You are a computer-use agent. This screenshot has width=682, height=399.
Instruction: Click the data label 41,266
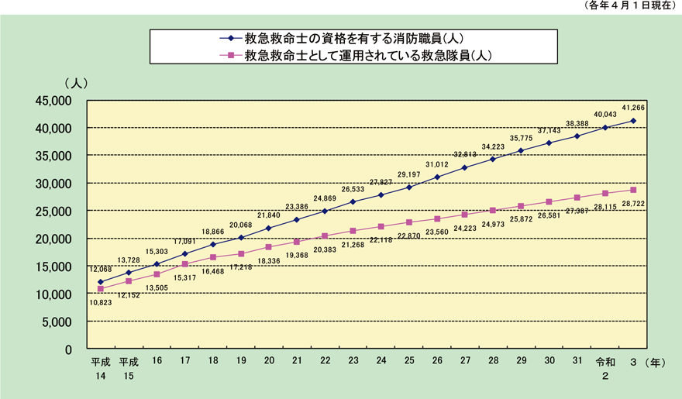pyautogui.click(x=633, y=108)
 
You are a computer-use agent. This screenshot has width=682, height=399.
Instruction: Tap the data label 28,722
pyautogui.click(x=634, y=203)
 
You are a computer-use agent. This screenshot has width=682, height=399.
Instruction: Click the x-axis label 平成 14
pyautogui.click(x=101, y=369)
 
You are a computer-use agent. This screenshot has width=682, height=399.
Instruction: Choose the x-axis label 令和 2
pyautogui.click(x=605, y=369)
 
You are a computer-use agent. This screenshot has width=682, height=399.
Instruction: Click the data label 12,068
pyautogui.click(x=101, y=269)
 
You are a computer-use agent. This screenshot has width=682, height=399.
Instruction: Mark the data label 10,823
pyautogui.click(x=101, y=303)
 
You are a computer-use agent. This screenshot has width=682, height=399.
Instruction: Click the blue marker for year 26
pyautogui.click(x=437, y=177)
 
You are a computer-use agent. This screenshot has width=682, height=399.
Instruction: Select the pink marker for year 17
pyautogui.click(x=184, y=264)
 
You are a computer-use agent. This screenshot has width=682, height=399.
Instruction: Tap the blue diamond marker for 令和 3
pyautogui.click(x=633, y=120)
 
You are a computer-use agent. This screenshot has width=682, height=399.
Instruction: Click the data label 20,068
pyautogui.click(x=241, y=225)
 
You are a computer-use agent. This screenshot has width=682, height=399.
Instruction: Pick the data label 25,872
pyautogui.click(x=521, y=221)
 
